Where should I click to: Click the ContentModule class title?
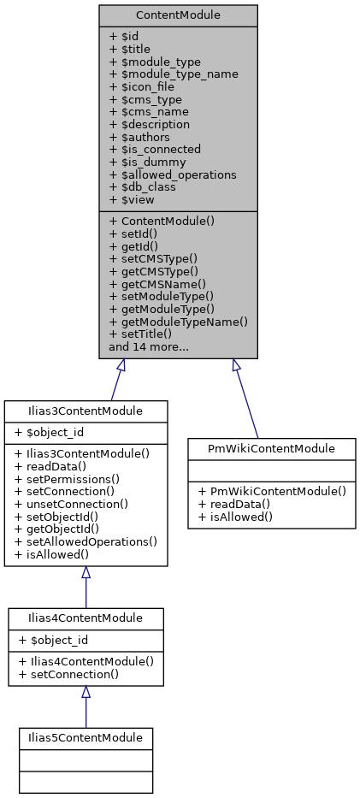[x=178, y=15]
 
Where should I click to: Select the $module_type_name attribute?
[x=174, y=74]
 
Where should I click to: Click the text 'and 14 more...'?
[x=149, y=347]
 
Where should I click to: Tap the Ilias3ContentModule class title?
[x=86, y=411]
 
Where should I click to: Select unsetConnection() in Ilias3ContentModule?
[x=71, y=504]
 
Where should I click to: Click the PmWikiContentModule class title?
[x=271, y=449]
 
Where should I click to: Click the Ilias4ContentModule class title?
[x=86, y=618]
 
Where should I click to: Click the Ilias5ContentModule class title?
[x=86, y=736]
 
